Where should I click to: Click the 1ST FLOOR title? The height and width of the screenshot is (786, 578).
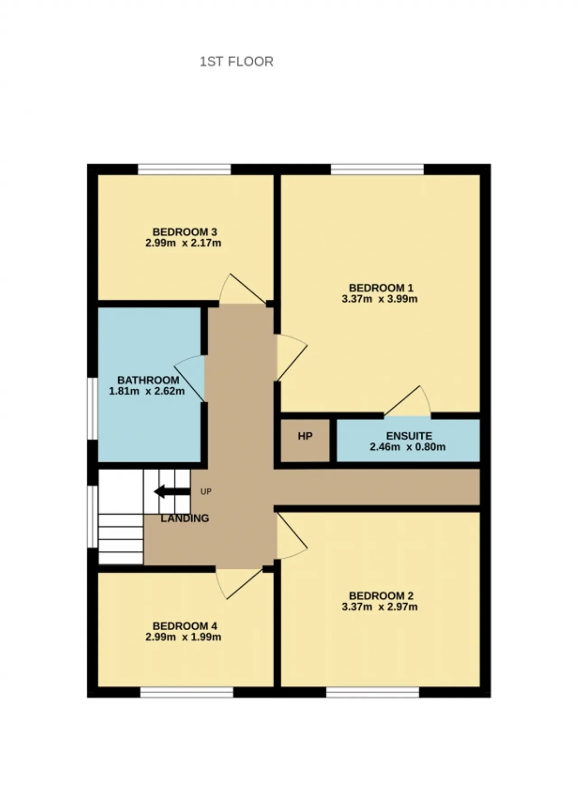[x=237, y=61]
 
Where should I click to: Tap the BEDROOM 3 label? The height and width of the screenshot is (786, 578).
[x=185, y=232]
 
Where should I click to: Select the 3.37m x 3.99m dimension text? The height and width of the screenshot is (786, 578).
[x=380, y=299]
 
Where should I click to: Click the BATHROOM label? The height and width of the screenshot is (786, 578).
[x=148, y=380]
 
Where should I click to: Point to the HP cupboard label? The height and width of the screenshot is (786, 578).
[x=305, y=436]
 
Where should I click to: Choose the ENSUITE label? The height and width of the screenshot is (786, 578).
[x=409, y=436]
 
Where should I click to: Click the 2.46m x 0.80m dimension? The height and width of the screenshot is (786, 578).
[x=408, y=447]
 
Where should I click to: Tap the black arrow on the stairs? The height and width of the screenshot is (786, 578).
[x=172, y=492]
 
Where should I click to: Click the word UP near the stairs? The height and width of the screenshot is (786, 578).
[x=206, y=492]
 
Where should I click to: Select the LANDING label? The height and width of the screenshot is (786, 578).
[x=185, y=518]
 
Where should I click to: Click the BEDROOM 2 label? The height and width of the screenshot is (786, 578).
[x=381, y=596]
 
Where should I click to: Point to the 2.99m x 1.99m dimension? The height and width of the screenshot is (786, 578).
[x=183, y=637]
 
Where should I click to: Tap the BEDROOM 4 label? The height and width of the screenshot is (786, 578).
[x=185, y=626]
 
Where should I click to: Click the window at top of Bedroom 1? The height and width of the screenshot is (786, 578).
[x=377, y=169]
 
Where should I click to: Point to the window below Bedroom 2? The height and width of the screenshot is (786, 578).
[x=373, y=692]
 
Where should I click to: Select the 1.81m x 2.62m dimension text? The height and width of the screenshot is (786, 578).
[x=147, y=391]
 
